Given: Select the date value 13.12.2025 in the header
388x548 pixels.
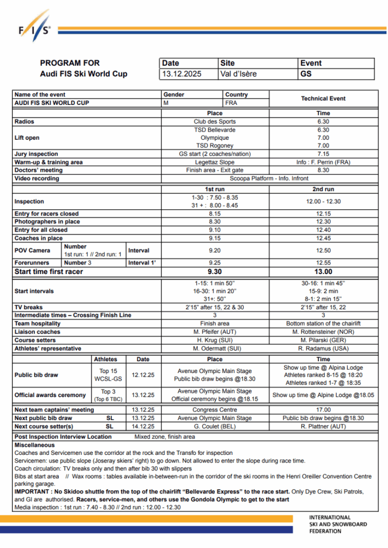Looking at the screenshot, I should (182, 74).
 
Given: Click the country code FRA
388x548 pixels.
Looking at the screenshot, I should (232, 102).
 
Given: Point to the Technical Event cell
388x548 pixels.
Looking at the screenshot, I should (323, 98).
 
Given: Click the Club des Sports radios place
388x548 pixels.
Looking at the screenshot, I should (214, 121).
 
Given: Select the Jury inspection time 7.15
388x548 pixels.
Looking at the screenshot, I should (323, 154).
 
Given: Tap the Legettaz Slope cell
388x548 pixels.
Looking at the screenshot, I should (214, 162).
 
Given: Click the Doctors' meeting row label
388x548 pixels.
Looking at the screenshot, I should (38, 170).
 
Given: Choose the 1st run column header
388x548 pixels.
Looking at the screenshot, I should (214, 189).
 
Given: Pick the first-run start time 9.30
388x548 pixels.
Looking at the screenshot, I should (214, 272).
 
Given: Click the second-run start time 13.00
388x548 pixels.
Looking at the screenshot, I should (323, 272).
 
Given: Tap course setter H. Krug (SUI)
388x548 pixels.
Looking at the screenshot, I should (214, 340).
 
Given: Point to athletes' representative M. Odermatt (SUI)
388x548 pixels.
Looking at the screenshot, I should (214, 348).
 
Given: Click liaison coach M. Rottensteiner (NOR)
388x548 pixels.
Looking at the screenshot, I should (323, 332).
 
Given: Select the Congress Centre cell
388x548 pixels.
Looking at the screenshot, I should (214, 410).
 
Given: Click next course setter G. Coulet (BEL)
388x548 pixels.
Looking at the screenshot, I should (214, 427).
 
